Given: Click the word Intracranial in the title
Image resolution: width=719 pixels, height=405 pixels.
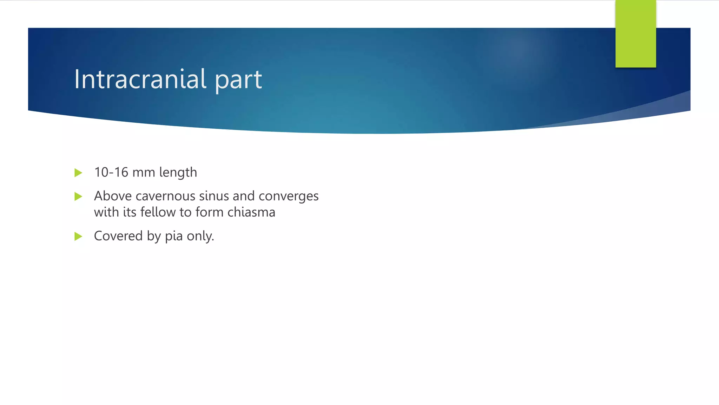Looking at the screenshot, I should click(140, 79).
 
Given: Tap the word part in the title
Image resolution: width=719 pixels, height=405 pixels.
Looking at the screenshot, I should click(238, 80).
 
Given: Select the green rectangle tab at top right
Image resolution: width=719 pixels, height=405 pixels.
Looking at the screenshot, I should click(635, 34).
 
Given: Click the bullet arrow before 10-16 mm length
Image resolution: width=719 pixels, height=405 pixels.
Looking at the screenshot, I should click(78, 173).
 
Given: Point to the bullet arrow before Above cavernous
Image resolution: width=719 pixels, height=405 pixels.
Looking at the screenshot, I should click(78, 196).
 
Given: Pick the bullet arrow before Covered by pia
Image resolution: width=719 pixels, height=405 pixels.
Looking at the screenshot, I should click(78, 236).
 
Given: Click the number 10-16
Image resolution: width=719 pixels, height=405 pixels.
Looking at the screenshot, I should click(111, 172).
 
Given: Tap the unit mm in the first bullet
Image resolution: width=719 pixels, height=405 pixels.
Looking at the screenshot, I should click(144, 173).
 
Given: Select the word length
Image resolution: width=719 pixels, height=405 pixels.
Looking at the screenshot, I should click(178, 173).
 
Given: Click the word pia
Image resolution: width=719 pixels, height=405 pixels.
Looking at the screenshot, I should click(174, 236).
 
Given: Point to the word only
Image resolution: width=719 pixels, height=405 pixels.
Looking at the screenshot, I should click(200, 236).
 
